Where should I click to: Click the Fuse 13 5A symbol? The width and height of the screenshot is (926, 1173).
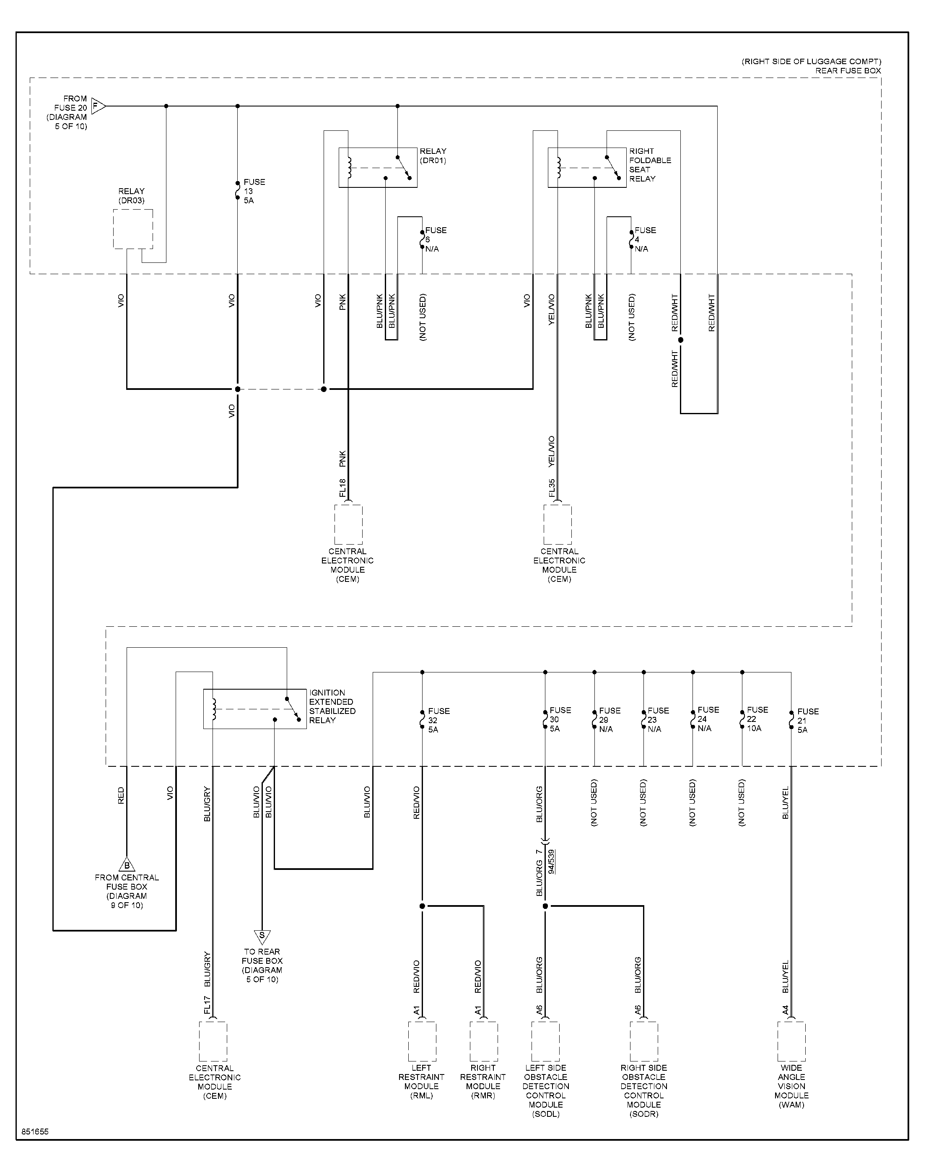[237, 191]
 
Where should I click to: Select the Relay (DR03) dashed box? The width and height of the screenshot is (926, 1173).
[133, 229]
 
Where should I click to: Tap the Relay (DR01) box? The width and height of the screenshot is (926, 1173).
[378, 168]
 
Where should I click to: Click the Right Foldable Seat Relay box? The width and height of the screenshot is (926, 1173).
[587, 168]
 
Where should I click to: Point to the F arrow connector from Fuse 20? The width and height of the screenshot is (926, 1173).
[98, 106]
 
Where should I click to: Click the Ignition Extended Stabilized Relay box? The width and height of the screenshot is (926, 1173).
[255, 708]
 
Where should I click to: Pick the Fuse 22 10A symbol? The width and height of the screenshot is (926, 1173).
[742, 719]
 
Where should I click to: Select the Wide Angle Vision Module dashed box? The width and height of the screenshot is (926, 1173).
[791, 1041]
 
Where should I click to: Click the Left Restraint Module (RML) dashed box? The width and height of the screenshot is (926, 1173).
[422, 1041]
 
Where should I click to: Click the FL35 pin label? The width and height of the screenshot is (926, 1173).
[551, 488]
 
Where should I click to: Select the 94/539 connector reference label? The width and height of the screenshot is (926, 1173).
[551, 862]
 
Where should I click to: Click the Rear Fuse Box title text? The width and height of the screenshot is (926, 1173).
[848, 70]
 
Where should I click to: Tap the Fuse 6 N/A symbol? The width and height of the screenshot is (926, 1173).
[423, 239]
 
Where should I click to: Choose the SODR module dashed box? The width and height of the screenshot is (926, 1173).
[644, 1041]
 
